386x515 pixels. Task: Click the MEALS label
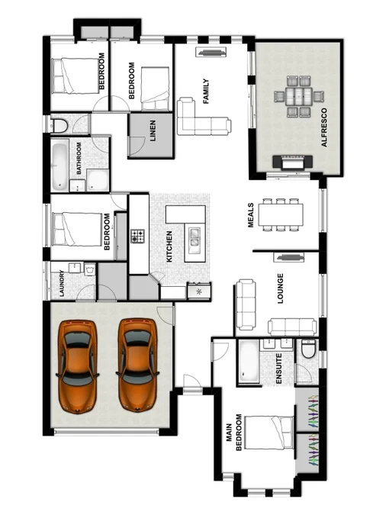pyautogui.click(x=250, y=216)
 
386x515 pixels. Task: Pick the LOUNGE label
pyautogui.click(x=280, y=288)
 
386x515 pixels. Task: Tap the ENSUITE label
pyautogui.click(x=280, y=368)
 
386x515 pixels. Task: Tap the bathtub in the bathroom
pyautogui.click(x=60, y=164)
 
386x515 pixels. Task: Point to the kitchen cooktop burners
pyautogui.click(x=137, y=236)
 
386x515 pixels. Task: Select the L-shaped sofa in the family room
pyautogui.click(x=200, y=120)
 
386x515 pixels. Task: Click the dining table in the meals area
pyautogui.click(x=280, y=214)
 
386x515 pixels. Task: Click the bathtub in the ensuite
pyautogui.click(x=249, y=362)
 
